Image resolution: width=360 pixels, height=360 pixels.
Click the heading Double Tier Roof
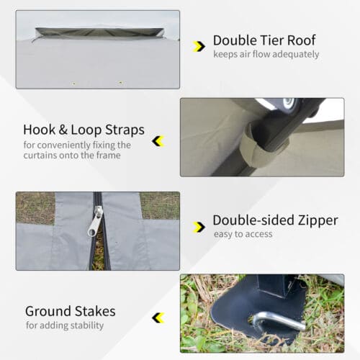[264, 40]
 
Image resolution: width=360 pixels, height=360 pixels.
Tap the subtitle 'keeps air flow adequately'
[266, 54]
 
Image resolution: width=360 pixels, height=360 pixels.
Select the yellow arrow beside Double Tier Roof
[199, 46]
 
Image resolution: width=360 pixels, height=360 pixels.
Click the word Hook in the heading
[39, 130]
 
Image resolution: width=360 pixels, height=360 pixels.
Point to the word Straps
[125, 130]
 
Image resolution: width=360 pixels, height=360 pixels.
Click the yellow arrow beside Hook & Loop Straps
[158, 141]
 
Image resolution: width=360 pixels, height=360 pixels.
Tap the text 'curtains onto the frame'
[72, 156]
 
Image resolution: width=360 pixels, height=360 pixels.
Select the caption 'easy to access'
[243, 234]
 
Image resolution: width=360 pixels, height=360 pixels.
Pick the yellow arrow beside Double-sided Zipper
[199, 227]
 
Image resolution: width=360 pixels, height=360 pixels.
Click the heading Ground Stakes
[71, 311]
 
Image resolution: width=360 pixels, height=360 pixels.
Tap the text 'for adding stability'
[65, 325]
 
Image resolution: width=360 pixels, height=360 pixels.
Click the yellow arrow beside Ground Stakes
[158, 318]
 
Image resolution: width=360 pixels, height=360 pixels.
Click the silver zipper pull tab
[95, 221]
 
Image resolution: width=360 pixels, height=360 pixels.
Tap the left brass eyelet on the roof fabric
[74, 84]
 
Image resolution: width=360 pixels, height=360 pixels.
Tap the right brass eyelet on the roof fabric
[120, 83]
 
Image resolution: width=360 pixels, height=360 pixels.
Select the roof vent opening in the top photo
[99, 32]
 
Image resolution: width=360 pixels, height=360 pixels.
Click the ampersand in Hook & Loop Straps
[63, 130]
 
